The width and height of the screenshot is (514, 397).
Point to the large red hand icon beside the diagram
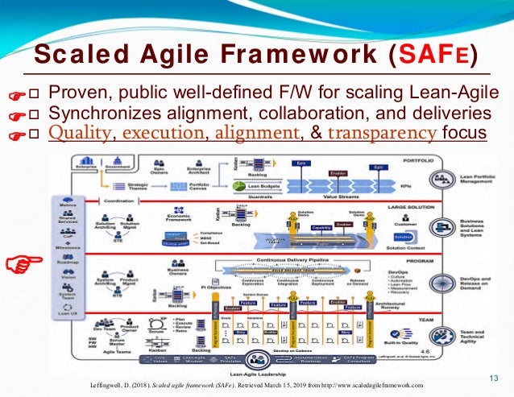click(21, 262)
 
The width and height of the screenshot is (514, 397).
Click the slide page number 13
click(495, 378)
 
